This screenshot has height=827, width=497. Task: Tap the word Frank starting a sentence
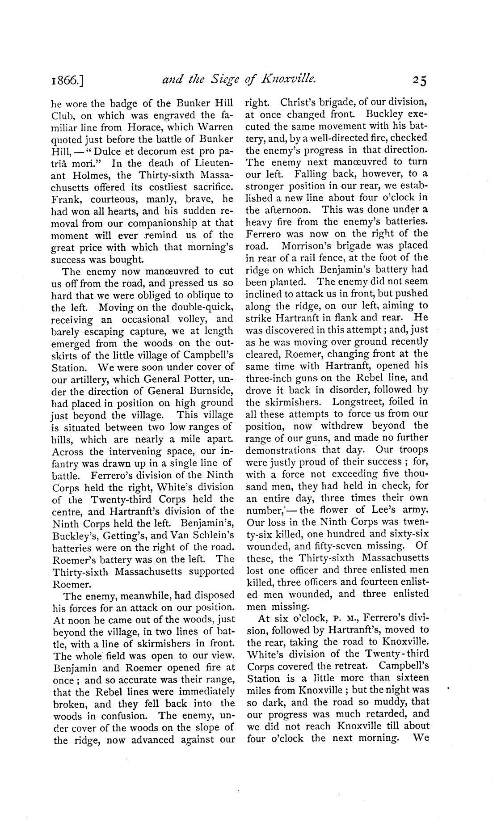(x=65, y=199)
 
